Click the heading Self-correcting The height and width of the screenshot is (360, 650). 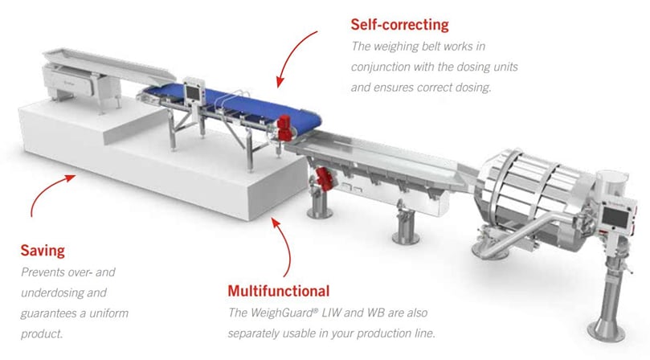399,24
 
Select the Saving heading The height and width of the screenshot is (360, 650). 43,251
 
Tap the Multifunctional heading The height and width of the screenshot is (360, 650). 279,291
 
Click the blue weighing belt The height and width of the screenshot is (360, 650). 236,104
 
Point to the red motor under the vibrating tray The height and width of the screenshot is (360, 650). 323,179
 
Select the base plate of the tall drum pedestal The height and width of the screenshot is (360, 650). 607,332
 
